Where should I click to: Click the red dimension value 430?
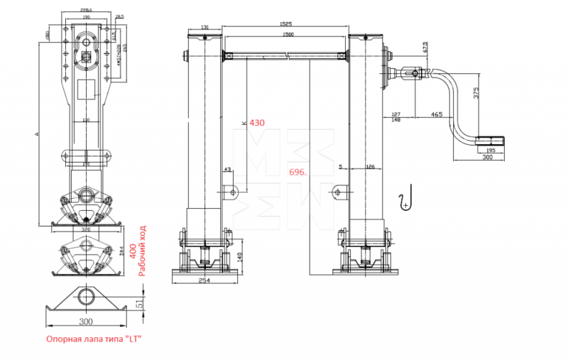(257, 122)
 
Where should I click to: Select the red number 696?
(298, 172)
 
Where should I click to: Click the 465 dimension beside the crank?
(436, 114)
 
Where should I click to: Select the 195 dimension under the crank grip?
(491, 151)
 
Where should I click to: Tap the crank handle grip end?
(491, 141)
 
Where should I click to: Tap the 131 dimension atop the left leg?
(204, 28)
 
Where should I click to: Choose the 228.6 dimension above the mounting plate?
(87, 10)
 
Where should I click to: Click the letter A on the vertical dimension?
(45, 132)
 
